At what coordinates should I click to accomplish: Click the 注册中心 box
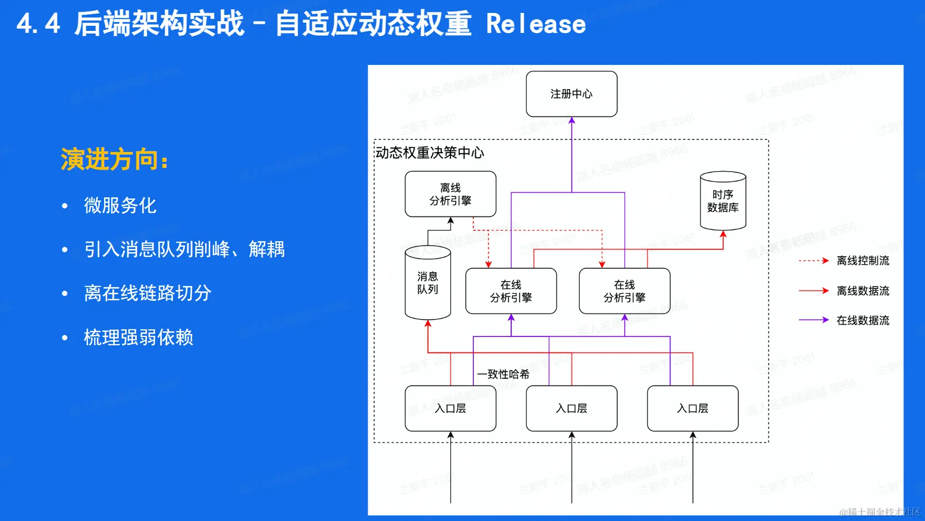coord(571,94)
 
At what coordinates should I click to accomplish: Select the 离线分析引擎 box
coord(450,194)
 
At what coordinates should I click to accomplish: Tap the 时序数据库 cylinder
coord(723,201)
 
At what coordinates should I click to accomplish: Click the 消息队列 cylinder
coord(427,283)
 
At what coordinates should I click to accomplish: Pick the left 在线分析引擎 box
coord(510,291)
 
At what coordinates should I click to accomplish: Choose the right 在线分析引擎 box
coord(624,291)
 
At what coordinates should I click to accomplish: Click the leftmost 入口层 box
coord(450,408)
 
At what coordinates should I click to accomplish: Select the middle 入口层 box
coord(571,408)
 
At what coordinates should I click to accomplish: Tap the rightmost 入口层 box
coord(692,408)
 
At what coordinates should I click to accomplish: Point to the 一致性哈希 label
coord(503,374)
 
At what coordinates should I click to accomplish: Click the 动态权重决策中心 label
coord(430,153)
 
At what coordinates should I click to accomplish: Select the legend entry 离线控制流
coord(863,261)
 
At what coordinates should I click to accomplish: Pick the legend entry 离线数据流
coord(863,291)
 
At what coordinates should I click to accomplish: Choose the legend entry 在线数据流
coord(863,320)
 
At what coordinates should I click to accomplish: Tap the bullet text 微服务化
coord(120,206)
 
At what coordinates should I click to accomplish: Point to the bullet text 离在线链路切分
coord(148,293)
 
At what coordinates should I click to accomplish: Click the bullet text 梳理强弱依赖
coord(139,338)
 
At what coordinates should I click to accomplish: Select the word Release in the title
coord(536,24)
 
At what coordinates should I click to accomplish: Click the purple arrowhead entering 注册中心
coord(572,121)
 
